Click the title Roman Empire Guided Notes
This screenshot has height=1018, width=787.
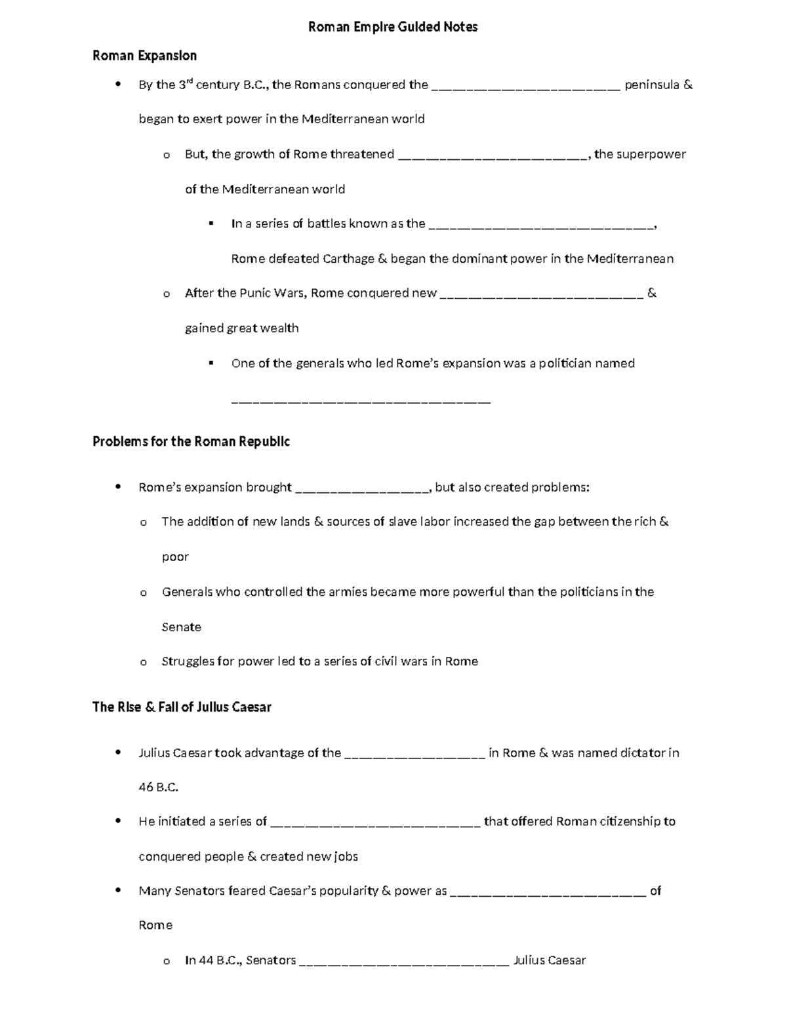click(x=393, y=27)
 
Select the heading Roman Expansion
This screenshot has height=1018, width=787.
click(x=144, y=56)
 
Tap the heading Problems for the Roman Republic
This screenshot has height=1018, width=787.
click(x=191, y=441)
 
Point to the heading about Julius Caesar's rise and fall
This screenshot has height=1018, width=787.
click(x=182, y=707)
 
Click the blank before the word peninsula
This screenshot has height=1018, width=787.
click(x=526, y=86)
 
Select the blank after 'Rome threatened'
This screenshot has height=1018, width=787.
click(x=493, y=155)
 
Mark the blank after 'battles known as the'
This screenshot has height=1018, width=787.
click(x=541, y=225)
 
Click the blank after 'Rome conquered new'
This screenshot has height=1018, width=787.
click(x=541, y=294)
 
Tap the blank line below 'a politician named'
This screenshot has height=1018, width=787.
click(x=361, y=399)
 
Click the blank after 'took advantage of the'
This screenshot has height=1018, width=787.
click(x=414, y=754)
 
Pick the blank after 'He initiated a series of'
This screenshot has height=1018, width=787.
click(x=375, y=823)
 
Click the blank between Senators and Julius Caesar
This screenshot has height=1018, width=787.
click(x=404, y=962)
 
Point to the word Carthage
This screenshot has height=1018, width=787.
click(x=348, y=259)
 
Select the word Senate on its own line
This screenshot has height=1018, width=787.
click(x=181, y=627)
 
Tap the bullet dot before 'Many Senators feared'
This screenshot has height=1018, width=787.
click(x=118, y=890)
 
